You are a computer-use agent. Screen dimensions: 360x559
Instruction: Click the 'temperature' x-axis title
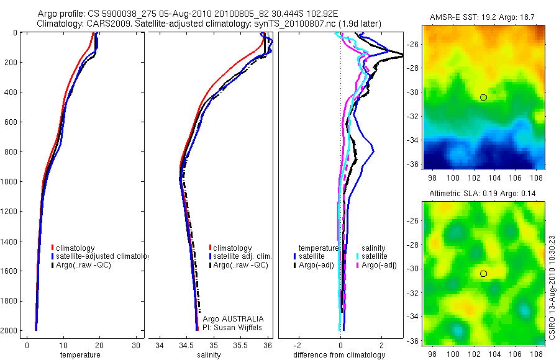point(80,355)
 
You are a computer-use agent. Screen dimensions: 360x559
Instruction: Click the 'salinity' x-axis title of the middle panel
point(209,355)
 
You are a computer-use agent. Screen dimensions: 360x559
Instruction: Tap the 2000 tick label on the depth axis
point(9,331)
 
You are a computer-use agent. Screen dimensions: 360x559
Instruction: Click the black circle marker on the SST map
point(483,97)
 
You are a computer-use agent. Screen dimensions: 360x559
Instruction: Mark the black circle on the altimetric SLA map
point(483,273)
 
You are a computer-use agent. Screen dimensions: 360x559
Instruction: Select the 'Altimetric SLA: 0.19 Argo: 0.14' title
point(483,194)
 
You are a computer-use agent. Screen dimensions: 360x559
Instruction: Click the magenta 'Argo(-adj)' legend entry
point(379,265)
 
